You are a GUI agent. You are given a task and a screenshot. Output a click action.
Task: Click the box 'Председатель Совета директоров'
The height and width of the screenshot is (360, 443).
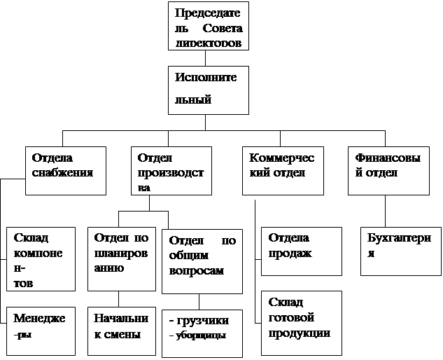(209, 26)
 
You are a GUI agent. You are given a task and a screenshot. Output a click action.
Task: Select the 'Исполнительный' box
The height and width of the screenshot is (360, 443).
(209, 90)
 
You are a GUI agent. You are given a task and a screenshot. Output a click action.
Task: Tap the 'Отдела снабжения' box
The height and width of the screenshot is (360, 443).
(66, 171)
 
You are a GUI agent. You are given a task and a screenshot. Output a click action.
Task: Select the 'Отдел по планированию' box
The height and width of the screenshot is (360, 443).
(121, 258)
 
